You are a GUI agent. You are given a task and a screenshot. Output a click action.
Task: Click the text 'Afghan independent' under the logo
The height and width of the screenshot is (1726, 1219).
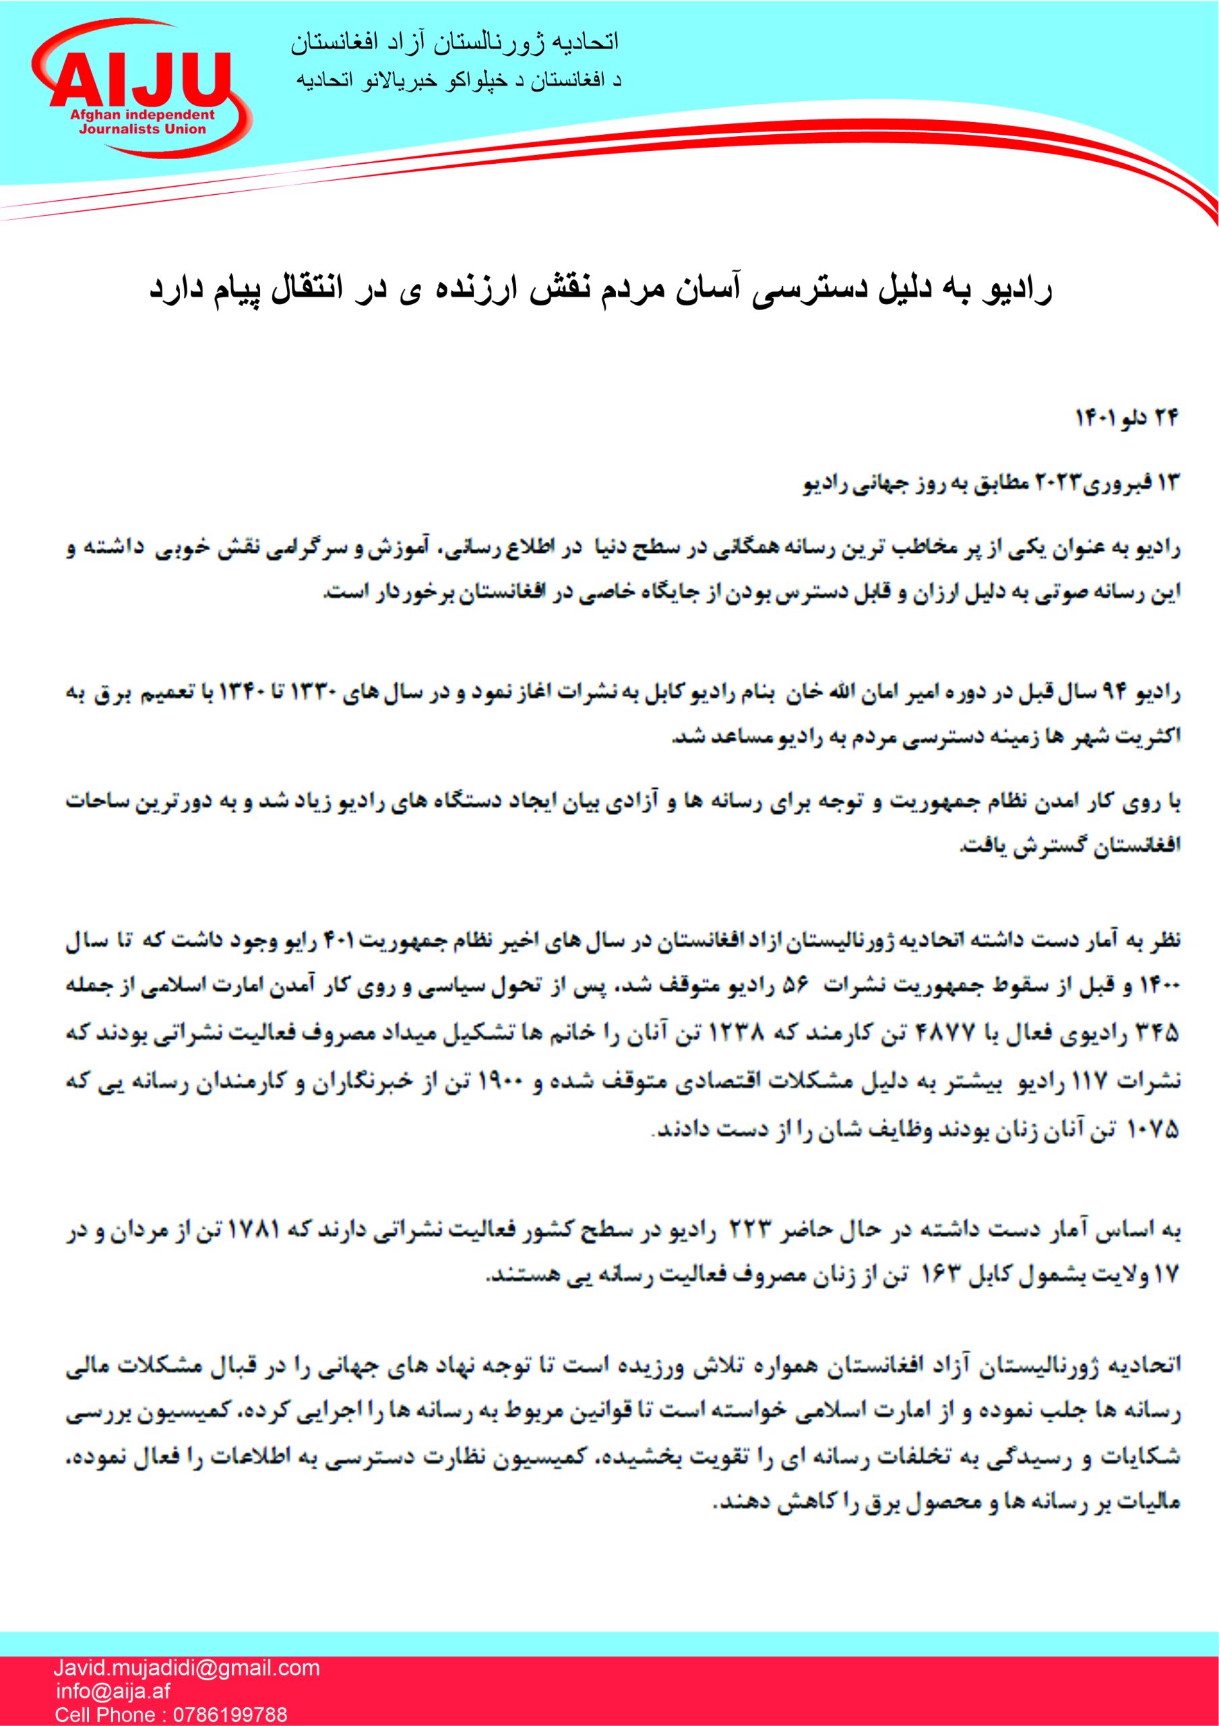pos(142,116)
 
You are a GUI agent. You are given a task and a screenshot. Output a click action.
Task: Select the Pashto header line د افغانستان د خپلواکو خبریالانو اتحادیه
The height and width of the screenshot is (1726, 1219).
pos(459,80)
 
